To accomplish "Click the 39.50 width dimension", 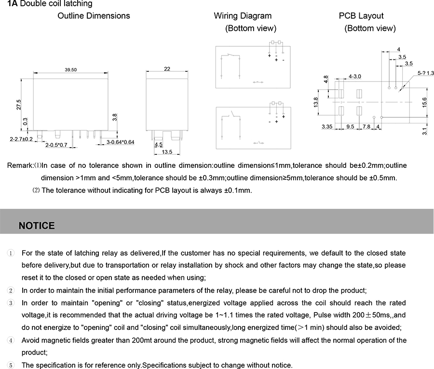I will [70, 70].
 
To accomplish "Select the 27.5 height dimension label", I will [19, 105].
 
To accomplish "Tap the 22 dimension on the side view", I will [167, 69].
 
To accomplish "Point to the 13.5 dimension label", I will [167, 152].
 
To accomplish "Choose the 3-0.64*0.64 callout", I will [120, 142].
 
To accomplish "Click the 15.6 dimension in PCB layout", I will [424, 103].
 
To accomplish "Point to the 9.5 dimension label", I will [350, 127].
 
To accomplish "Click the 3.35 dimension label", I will [328, 127].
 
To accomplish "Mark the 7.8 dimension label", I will [366, 127].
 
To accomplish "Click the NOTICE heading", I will [37, 226].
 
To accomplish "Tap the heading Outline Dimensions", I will [94, 16].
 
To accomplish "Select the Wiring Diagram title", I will [243, 16].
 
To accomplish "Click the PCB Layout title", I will [361, 16].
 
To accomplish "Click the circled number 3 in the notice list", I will [11, 303].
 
